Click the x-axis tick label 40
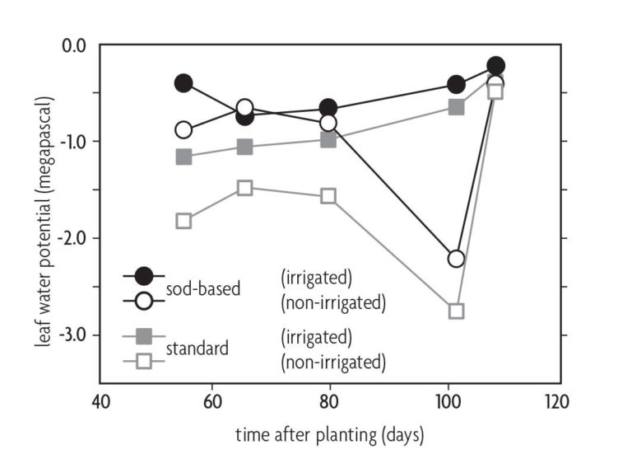click(x=100, y=404)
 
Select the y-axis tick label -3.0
click(x=72, y=335)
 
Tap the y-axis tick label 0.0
click(x=75, y=44)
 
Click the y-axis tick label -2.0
click(x=72, y=238)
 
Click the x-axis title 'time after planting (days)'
click(x=329, y=436)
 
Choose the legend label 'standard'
click(x=197, y=349)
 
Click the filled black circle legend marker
click(x=143, y=275)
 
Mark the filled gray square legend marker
click(x=143, y=337)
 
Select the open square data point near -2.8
click(x=456, y=311)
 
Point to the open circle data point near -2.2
click(x=456, y=259)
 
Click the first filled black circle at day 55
click(x=184, y=82)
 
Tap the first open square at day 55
click(x=184, y=221)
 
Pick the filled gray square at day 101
click(x=456, y=106)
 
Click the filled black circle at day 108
click(x=495, y=66)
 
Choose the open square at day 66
click(x=244, y=188)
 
